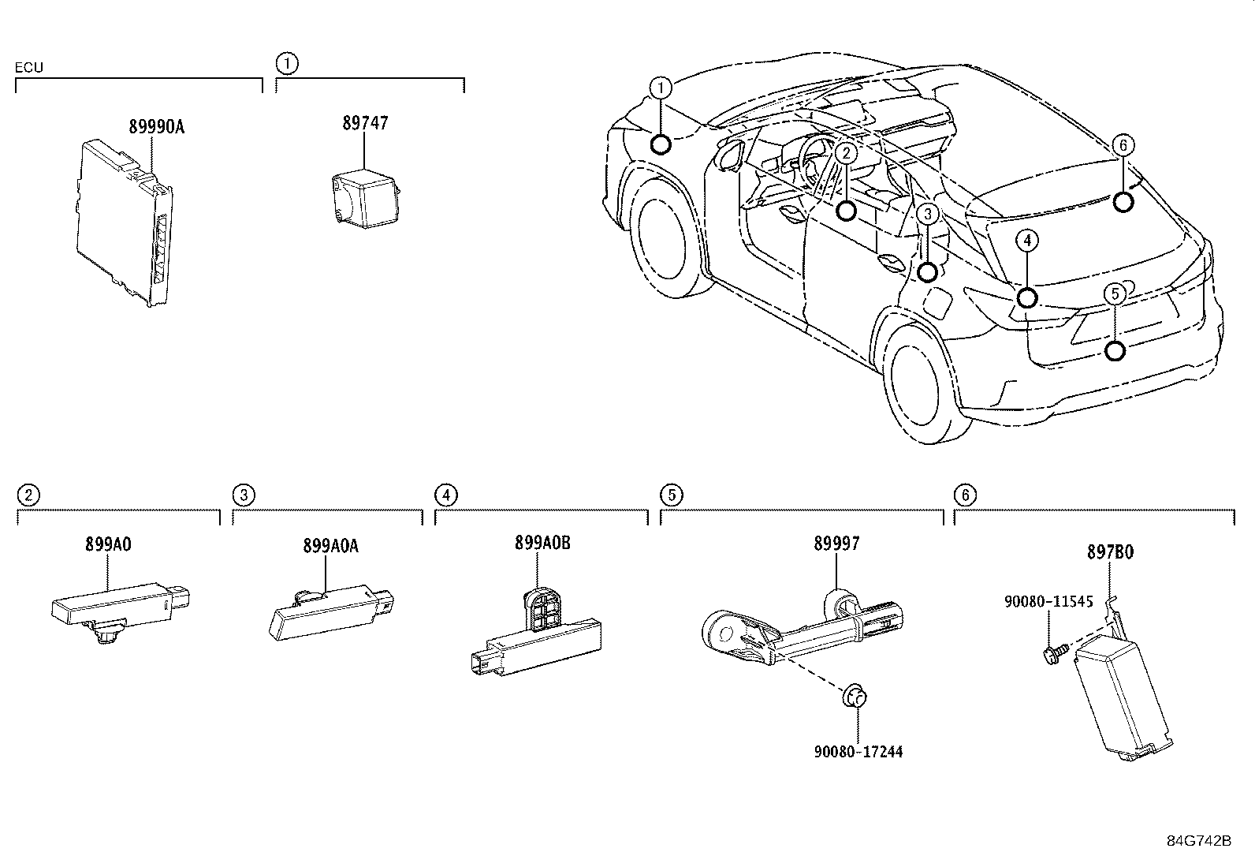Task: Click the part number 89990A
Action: tap(156, 126)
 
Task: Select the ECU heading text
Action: tap(28, 68)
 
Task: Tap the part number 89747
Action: tap(365, 124)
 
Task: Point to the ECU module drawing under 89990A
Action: tap(126, 221)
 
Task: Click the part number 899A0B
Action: tap(542, 544)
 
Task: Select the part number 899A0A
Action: tap(330, 546)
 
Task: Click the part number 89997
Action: tap(836, 544)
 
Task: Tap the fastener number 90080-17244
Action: tap(858, 752)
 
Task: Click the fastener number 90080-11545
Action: tap(1048, 601)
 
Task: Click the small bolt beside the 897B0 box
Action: tap(1053, 651)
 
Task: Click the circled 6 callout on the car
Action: tap(1124, 144)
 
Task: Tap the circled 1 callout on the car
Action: tap(661, 86)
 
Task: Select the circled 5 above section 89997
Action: tap(671, 495)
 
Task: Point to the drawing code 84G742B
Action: tap(1199, 839)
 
